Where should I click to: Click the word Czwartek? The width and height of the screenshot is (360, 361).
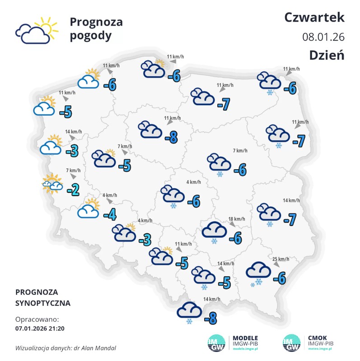click(x=314, y=17)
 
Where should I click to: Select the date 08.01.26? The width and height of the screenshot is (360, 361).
click(x=323, y=37)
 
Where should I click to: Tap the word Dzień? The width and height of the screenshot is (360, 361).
click(x=327, y=55)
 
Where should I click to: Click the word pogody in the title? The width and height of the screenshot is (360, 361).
click(x=90, y=36)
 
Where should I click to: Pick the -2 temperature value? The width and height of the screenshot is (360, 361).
click(x=73, y=190)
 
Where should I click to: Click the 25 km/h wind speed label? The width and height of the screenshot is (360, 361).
click(x=281, y=259)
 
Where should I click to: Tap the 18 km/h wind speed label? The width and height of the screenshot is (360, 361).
click(x=237, y=218)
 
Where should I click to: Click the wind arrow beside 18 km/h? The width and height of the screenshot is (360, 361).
click(x=233, y=224)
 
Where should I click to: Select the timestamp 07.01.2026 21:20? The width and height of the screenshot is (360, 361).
click(x=40, y=328)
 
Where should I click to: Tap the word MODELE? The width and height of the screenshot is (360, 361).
click(x=245, y=338)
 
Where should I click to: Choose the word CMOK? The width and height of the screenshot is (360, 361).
click(x=317, y=338)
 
